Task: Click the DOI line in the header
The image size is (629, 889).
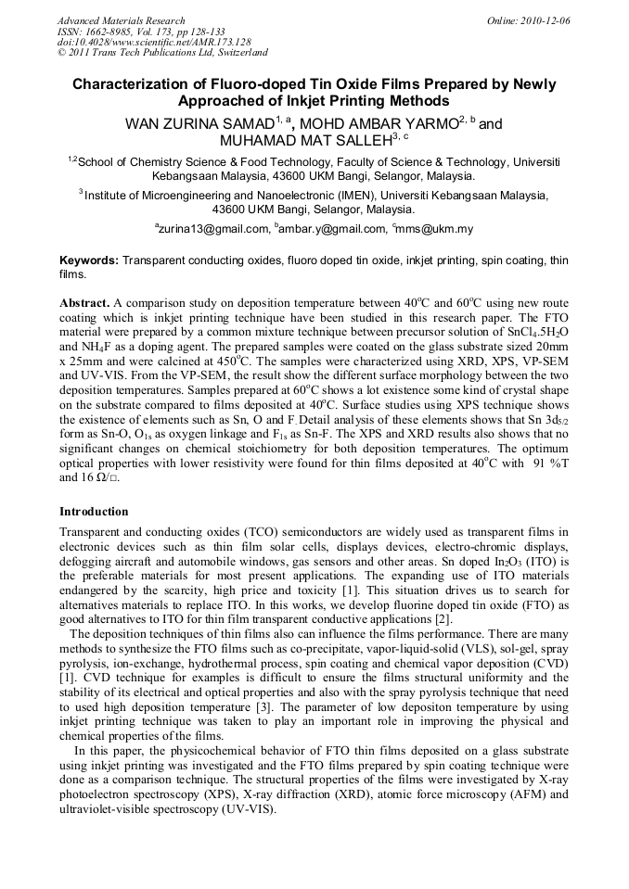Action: [154, 42]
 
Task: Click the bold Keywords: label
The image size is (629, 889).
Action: [89, 261]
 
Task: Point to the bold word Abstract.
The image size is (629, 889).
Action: [84, 303]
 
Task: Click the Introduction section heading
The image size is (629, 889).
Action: [94, 511]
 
